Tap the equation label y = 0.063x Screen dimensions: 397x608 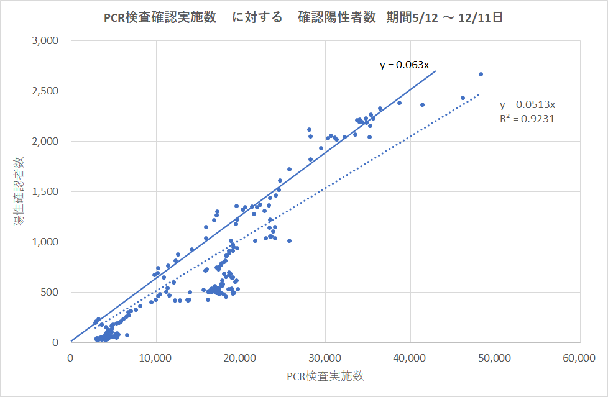(x=404, y=65)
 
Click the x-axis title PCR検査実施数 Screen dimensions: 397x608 (x=325, y=376)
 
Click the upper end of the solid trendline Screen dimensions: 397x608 (x=435, y=71)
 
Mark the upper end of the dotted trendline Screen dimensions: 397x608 (x=479, y=94)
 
